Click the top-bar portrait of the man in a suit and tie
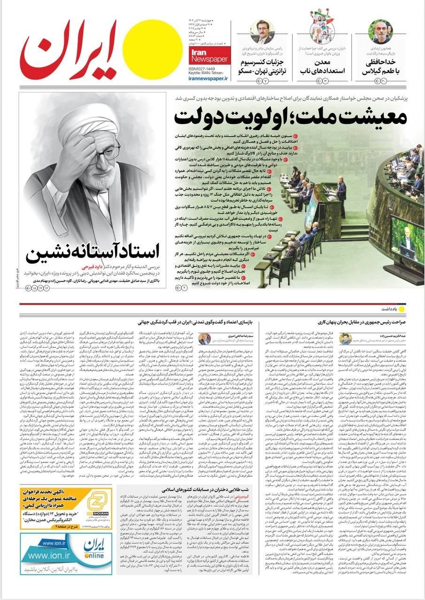point(262,32)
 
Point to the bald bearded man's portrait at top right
point(380,31)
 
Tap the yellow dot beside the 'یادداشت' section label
point(402,309)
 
